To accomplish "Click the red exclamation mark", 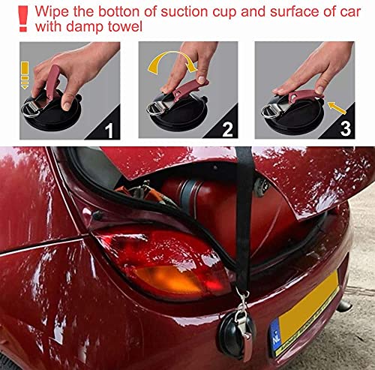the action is click(23, 19).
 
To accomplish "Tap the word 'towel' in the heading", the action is click(125, 26).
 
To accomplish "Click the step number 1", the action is click(109, 131).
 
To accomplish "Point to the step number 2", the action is click(227, 130).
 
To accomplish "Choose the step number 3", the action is click(345, 129).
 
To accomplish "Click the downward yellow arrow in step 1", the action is click(25, 75).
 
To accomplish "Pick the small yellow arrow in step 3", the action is click(337, 108).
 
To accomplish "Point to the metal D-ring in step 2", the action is click(155, 109).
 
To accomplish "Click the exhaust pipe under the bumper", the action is click(344, 305).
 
